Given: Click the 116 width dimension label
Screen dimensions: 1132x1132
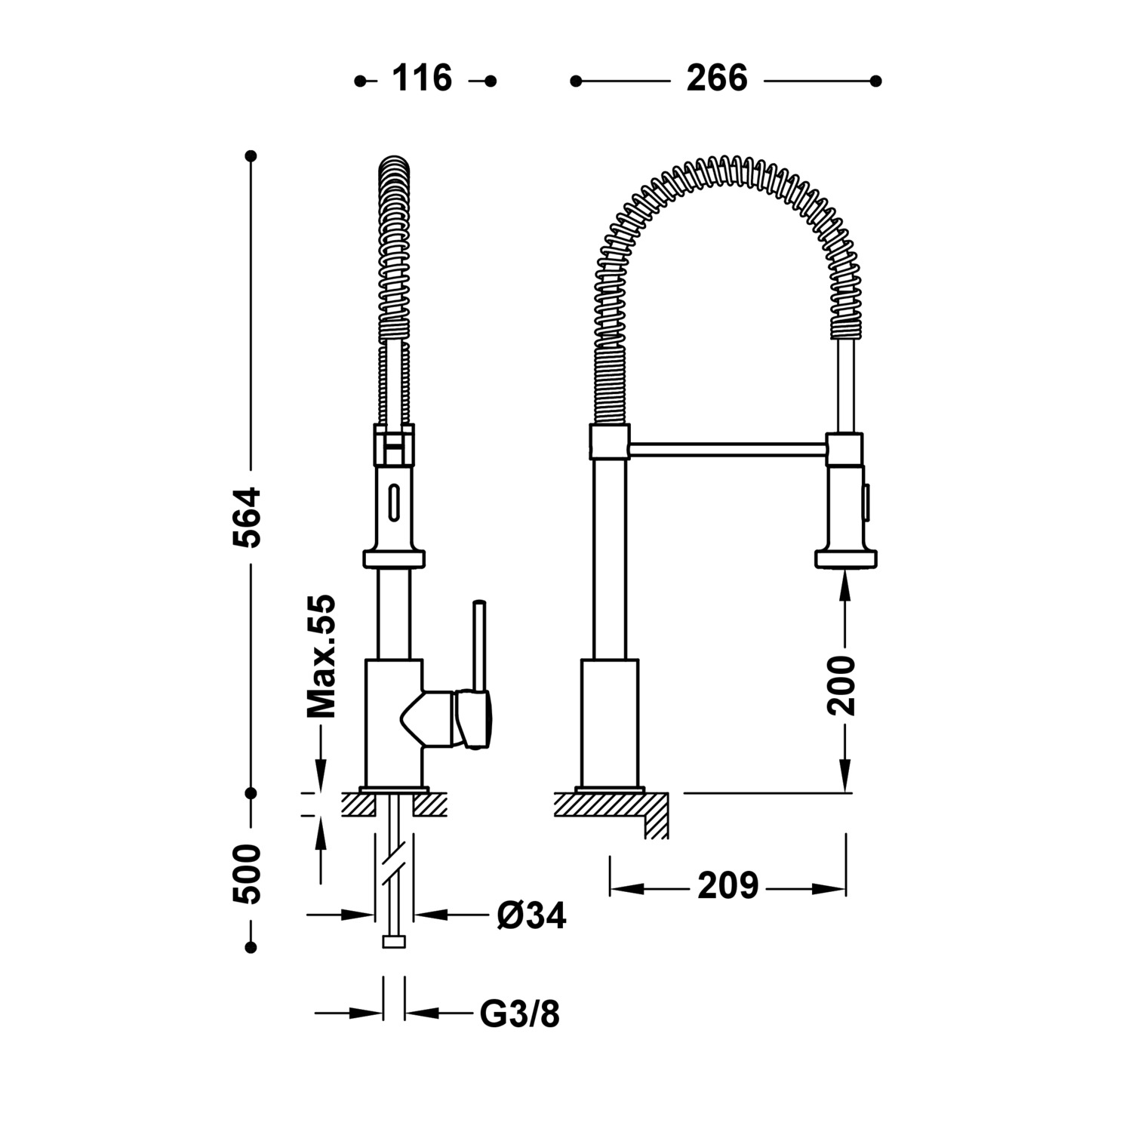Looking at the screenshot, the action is [422, 78].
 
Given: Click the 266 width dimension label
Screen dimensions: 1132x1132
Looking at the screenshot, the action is [717, 78].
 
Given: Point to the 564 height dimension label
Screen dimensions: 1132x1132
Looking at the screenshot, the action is [248, 517].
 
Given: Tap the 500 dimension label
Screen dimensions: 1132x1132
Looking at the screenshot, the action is [248, 874].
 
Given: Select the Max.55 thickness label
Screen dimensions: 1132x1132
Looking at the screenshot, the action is [321, 657].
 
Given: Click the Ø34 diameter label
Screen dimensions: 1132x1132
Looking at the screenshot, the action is [531, 915].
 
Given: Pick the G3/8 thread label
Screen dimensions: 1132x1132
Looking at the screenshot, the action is [521, 1014].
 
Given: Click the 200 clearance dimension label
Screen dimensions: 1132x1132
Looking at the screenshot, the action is [842, 686].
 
